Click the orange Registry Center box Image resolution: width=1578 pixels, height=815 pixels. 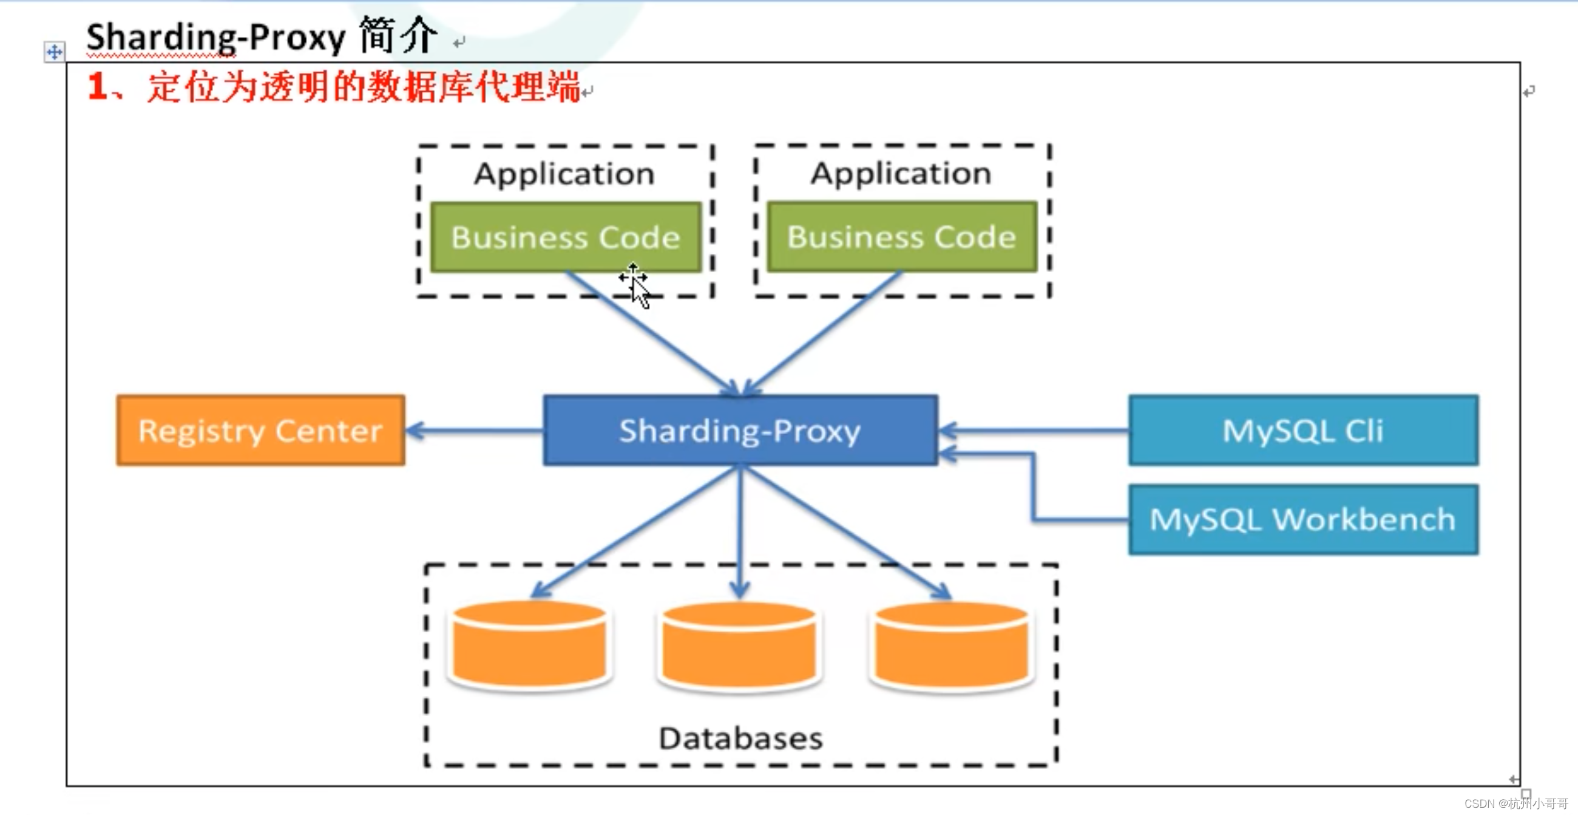[260, 430]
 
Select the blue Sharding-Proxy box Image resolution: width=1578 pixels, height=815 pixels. [740, 430]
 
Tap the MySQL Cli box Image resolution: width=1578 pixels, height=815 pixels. [1303, 430]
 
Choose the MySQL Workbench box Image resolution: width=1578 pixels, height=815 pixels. [1303, 520]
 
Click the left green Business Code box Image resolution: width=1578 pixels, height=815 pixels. [566, 237]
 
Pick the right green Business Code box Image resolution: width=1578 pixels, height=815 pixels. [902, 236]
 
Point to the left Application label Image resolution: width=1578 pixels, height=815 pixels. [564, 174]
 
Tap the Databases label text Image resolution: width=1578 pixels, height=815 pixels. [740, 738]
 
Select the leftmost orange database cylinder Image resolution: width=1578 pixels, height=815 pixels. [530, 647]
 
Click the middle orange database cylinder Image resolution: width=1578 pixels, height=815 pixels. [739, 647]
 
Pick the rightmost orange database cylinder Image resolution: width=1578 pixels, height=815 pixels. [951, 647]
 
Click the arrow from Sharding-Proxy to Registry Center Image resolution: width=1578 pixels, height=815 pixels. [475, 431]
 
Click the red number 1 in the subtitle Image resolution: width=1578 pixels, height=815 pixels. [98, 86]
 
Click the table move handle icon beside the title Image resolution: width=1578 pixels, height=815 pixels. [55, 52]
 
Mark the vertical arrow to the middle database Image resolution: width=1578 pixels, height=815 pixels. [740, 533]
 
